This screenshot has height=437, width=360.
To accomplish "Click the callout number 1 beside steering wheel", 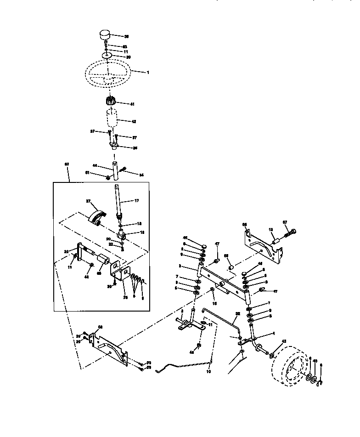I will click(x=148, y=72).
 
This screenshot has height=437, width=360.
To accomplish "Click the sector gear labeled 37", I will click(x=98, y=215).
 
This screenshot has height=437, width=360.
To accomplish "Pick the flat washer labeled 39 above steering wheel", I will click(x=107, y=55).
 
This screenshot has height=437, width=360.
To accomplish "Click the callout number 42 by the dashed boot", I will click(x=134, y=121).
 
